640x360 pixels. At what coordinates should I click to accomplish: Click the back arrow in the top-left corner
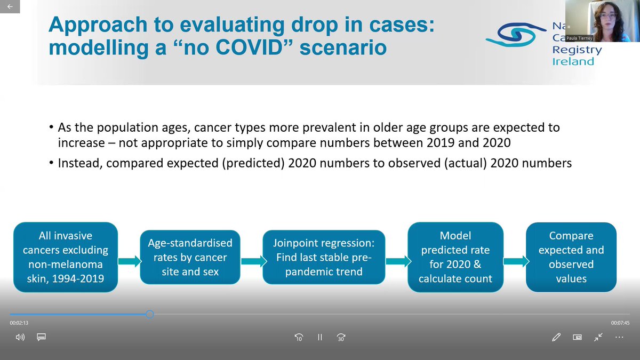pyautogui.click(x=10, y=6)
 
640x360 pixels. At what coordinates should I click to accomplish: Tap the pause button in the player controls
pyautogui.click(x=320, y=337)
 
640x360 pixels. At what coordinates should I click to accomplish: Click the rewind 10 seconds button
pyautogui.click(x=299, y=337)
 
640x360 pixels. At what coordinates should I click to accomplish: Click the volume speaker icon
pyautogui.click(x=20, y=337)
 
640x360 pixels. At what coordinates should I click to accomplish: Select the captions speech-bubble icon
pyautogui.click(x=42, y=337)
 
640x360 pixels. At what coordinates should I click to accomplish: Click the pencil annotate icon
pyautogui.click(x=556, y=337)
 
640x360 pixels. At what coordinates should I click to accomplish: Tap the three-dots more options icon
pyautogui.click(x=619, y=337)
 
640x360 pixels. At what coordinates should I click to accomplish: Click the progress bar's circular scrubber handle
pyautogui.click(x=150, y=314)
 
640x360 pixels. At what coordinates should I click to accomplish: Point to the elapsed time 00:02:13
pyautogui.click(x=19, y=323)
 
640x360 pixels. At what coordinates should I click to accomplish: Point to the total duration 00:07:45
pyautogui.click(x=620, y=323)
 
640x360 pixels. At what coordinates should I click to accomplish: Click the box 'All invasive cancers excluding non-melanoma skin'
pyautogui.click(x=66, y=257)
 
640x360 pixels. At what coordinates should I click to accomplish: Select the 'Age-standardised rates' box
pyautogui.click(x=190, y=257)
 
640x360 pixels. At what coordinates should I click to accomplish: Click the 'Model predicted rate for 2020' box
pyautogui.click(x=455, y=257)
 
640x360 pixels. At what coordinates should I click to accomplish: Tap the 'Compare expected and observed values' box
pyautogui.click(x=571, y=257)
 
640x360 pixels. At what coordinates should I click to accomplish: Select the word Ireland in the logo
pyautogui.click(x=573, y=61)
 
